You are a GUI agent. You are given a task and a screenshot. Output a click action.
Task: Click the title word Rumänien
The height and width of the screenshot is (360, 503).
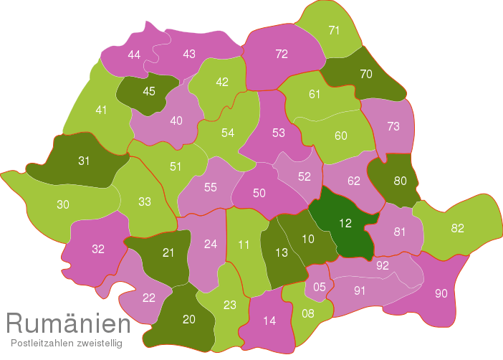pyautogui.click(x=68, y=324)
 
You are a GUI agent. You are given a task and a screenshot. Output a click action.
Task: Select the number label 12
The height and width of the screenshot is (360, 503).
pyautogui.click(x=345, y=223)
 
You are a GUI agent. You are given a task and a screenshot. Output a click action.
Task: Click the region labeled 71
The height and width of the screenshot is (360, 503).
pyautogui.click(x=334, y=30)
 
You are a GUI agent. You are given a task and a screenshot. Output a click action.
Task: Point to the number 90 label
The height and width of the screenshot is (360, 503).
pyautogui.click(x=441, y=293)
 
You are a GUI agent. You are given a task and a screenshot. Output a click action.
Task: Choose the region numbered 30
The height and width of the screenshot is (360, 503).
pyautogui.click(x=63, y=204)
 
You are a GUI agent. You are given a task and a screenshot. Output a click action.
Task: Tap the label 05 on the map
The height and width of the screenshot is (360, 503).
pyautogui.click(x=320, y=287)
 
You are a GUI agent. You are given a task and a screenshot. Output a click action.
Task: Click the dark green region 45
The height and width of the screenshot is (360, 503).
pyautogui.click(x=149, y=91)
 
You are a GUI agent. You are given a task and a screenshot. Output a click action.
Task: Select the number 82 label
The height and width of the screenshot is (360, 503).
pyautogui.click(x=458, y=229)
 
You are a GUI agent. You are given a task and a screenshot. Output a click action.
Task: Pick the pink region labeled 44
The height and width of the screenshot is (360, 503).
pyautogui.click(x=134, y=55)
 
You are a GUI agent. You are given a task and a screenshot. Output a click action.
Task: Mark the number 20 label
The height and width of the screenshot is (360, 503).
pyautogui.click(x=189, y=320)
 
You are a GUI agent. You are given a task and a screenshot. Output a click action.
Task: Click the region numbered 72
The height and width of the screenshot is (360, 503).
pyautogui.click(x=282, y=54)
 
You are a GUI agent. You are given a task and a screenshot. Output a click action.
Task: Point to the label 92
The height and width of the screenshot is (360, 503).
pyautogui.click(x=383, y=265)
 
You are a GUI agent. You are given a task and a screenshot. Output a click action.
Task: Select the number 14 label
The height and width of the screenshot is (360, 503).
pyautogui.click(x=269, y=321)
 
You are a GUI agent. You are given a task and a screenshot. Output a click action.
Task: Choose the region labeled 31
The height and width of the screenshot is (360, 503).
pyautogui.click(x=84, y=161)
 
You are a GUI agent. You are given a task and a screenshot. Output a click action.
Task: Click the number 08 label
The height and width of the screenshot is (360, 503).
pyautogui.click(x=308, y=313)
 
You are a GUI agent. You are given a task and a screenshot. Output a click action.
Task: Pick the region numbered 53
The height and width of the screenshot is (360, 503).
pyautogui.click(x=279, y=133)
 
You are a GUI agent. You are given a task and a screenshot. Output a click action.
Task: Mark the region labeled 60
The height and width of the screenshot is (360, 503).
pyautogui.click(x=341, y=136)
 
